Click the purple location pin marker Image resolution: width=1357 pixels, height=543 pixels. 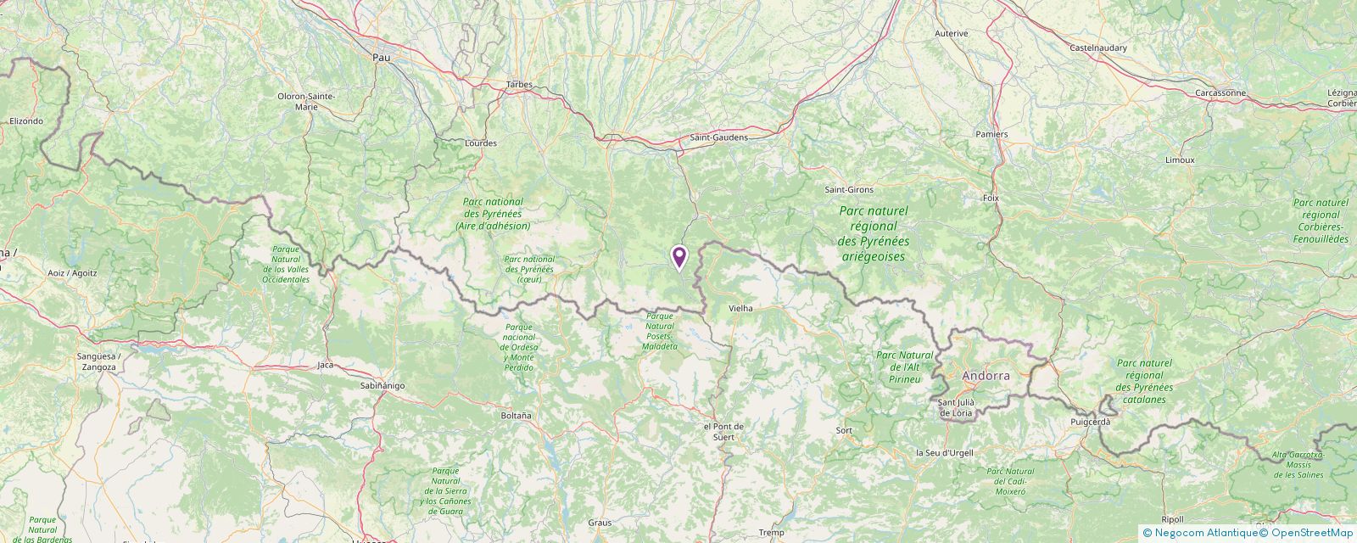coord(678,257)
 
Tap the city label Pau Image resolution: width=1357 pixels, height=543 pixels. coord(382,57)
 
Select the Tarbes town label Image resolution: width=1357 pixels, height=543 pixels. coord(518,84)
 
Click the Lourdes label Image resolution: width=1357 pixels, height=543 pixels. coord(481,143)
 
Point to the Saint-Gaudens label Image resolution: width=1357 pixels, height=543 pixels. coord(718,137)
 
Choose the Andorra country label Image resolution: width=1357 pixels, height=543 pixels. coord(986,375)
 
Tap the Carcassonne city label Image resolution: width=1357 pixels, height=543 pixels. coord(1220,92)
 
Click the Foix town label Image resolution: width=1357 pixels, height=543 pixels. coord(991,198)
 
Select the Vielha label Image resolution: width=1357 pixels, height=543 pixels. coord(740,309)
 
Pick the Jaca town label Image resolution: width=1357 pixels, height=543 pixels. coord(325,365)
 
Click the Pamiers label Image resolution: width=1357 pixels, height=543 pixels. coord(991,134)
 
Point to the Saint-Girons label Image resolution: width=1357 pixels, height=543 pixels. coord(849,189)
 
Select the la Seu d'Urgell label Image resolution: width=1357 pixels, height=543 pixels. coord(944,452)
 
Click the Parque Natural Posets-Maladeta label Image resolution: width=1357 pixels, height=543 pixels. coord(661,331)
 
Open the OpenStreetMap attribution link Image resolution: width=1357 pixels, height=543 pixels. coord(1307,533)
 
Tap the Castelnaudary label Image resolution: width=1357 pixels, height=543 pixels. coord(1098,48)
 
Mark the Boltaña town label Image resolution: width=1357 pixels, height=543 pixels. coord(516,416)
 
